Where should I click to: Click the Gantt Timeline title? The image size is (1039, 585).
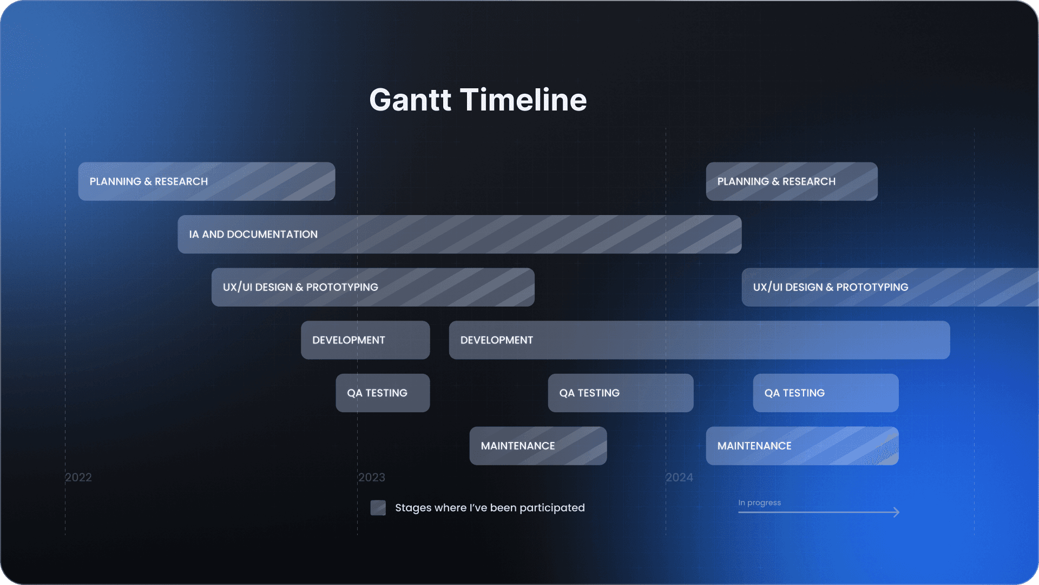coord(478,100)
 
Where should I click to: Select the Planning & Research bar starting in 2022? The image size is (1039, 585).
coord(206,181)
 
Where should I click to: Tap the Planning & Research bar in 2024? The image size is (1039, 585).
coord(791,181)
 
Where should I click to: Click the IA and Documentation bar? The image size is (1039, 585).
coord(459,235)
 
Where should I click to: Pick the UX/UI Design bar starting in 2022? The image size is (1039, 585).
coord(373,287)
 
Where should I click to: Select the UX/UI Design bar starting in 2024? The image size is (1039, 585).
coord(890,287)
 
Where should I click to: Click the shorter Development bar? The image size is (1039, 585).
coord(365,340)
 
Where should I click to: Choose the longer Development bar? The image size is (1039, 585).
coord(699,340)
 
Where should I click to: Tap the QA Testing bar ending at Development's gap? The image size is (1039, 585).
coord(383,393)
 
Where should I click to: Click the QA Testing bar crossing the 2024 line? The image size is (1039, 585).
coord(620,393)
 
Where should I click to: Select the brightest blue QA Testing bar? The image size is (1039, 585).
coord(825,393)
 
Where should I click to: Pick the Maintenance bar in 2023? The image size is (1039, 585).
coord(538,446)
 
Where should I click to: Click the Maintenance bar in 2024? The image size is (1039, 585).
coord(802,446)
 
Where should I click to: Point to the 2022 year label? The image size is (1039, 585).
coord(78,478)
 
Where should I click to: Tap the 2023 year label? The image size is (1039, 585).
coord(372,478)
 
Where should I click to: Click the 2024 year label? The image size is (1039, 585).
coord(679,478)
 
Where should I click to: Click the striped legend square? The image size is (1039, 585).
coord(378,508)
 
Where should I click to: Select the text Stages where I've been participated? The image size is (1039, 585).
coord(490,508)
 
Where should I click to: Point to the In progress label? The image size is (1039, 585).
coord(759,503)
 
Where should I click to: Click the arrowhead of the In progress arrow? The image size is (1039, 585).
coord(897,512)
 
